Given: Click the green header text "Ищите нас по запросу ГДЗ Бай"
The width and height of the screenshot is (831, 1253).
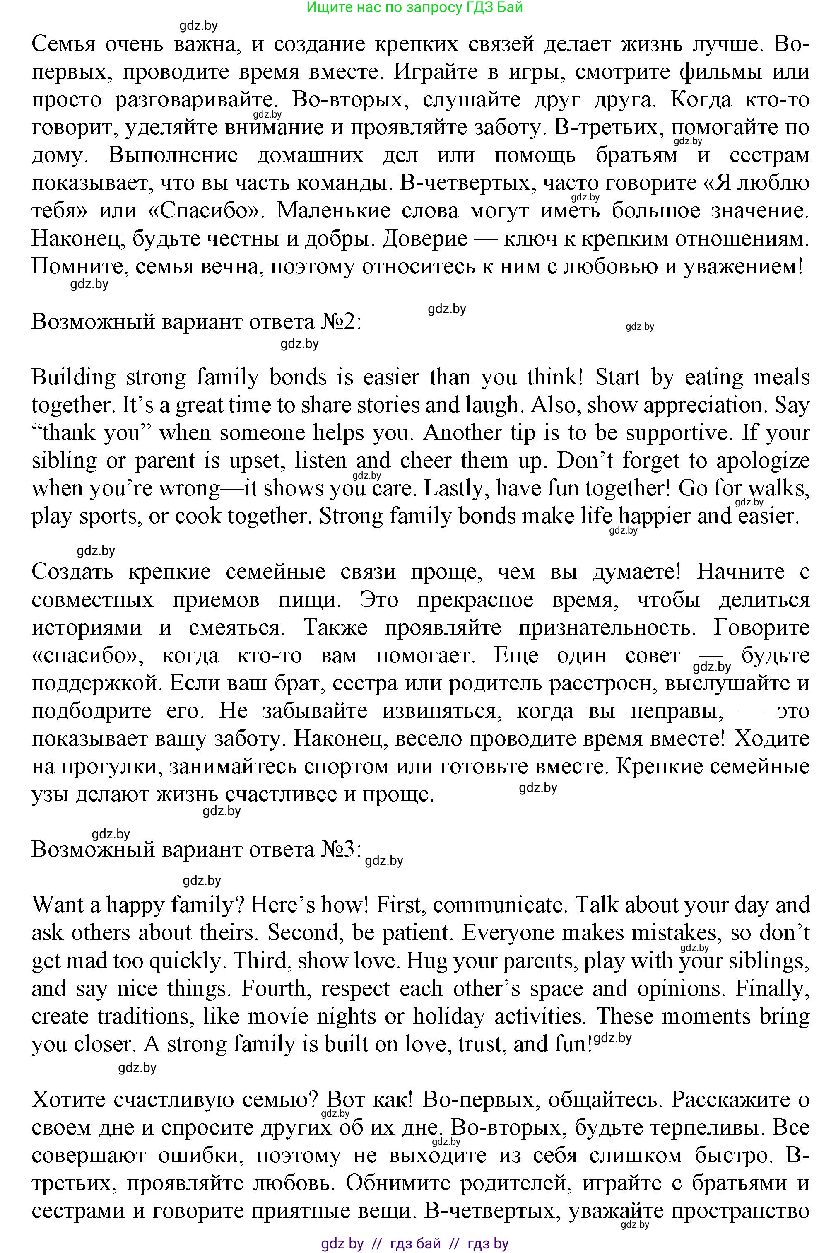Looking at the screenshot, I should [414, 7].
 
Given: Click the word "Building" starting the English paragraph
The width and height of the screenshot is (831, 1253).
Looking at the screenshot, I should [73, 377].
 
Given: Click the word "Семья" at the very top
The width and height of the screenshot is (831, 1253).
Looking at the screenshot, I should [64, 44].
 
